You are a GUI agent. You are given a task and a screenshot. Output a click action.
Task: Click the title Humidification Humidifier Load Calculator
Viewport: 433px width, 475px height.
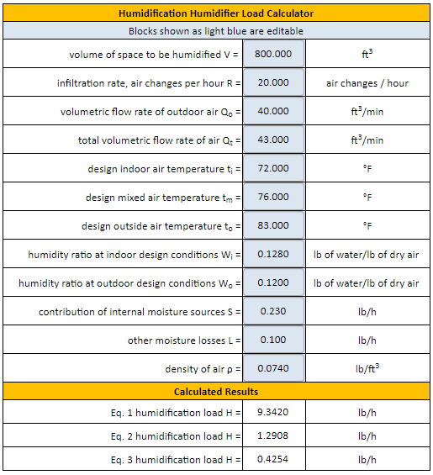(x=216, y=13)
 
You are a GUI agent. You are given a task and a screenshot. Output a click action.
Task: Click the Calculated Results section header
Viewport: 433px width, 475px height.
(x=216, y=392)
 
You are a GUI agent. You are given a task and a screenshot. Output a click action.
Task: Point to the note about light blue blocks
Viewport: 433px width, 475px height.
(x=216, y=31)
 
